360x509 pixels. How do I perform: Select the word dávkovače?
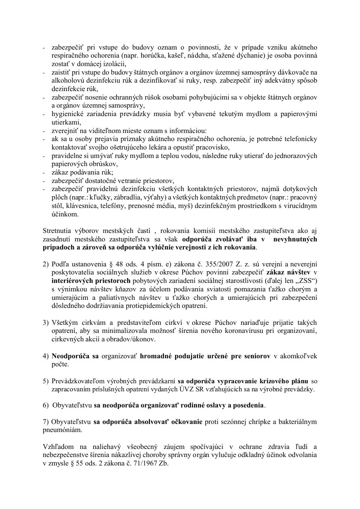point(294,73)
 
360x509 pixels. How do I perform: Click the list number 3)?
point(46,323)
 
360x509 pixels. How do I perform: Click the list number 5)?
point(46,381)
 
